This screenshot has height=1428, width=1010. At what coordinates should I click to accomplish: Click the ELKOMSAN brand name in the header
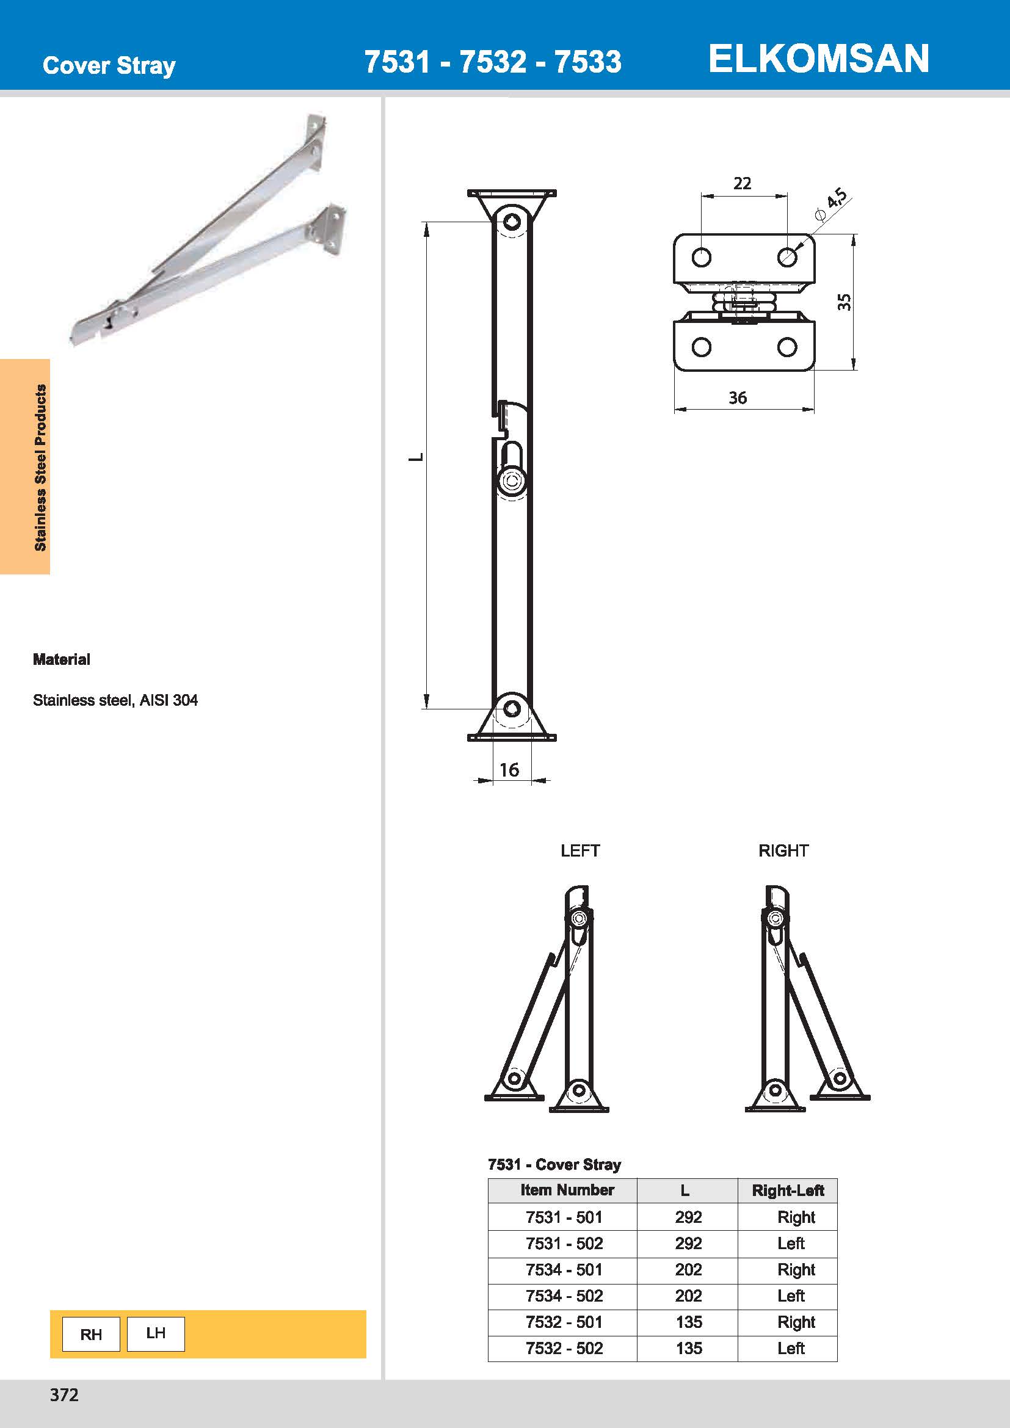click(x=818, y=59)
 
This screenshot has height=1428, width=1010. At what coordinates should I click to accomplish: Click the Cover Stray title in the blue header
click(x=109, y=65)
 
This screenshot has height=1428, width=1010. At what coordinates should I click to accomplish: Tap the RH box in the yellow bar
click(x=91, y=1334)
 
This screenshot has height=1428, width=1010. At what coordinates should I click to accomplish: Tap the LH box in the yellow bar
click(x=156, y=1333)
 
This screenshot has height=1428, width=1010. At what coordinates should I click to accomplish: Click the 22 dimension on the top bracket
click(x=742, y=184)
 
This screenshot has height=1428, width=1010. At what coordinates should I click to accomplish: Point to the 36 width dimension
click(x=738, y=398)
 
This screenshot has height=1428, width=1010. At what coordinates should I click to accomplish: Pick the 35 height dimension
click(x=844, y=302)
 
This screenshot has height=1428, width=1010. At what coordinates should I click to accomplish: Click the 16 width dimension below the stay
click(x=509, y=770)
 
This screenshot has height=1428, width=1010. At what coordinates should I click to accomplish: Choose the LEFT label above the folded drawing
click(x=579, y=851)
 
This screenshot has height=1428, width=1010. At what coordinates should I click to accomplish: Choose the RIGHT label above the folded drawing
click(x=783, y=851)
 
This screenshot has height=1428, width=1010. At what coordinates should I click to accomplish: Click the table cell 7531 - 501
click(x=564, y=1217)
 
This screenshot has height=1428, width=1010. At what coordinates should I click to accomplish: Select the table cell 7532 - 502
click(x=564, y=1349)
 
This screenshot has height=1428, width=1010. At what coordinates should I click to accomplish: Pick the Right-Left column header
click(x=787, y=1191)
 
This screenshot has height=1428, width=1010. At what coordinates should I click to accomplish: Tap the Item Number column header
click(x=567, y=1190)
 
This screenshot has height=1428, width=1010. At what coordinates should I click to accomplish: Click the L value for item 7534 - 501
click(x=688, y=1269)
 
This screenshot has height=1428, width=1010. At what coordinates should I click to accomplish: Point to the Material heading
click(x=62, y=659)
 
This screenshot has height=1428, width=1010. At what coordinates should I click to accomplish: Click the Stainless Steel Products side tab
click(x=40, y=467)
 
